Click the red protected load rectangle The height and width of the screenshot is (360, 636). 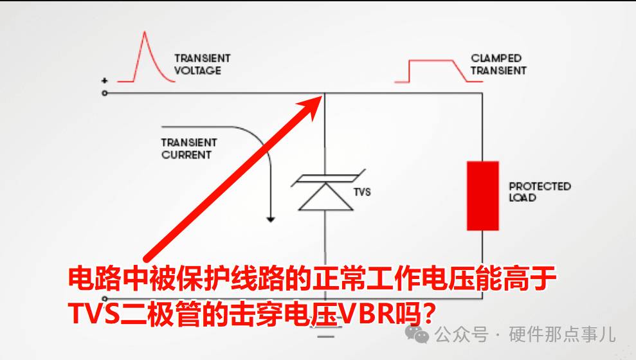[483, 196]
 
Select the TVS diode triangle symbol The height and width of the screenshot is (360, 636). [325, 197]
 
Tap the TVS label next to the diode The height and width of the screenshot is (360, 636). [362, 192]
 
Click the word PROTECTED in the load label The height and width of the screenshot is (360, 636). [540, 186]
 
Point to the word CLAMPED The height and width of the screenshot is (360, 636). [496, 59]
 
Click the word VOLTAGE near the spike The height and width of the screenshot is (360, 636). [197, 71]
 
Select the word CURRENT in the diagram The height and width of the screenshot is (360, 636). [186, 155]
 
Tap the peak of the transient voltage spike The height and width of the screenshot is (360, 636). [145, 32]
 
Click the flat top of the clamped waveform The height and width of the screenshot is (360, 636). [431, 60]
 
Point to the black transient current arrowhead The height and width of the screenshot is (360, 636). [271, 220]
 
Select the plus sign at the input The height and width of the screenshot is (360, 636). [105, 80]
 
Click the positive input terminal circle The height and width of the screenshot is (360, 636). [105, 93]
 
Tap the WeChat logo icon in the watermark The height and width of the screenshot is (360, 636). [417, 334]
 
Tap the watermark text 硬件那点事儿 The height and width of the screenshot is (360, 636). [562, 334]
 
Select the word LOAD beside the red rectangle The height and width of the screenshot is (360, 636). [523, 198]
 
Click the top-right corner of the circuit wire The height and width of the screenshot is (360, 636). [482, 93]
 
